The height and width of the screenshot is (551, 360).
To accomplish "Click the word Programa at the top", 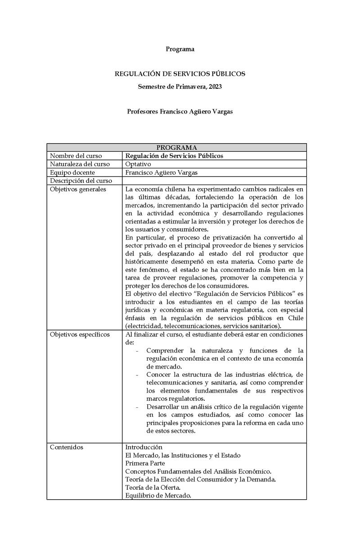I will [x=180, y=50].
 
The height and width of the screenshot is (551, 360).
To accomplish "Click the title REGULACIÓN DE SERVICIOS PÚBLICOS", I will [x=180, y=73].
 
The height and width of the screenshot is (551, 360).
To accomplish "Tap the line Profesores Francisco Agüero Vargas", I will [x=180, y=112].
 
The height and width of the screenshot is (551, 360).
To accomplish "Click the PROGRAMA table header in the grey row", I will [x=176, y=148].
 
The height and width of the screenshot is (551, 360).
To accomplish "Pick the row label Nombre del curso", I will [x=76, y=156].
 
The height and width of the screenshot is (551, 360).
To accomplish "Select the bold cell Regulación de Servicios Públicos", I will [x=174, y=156].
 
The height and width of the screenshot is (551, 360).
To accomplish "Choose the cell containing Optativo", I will [x=138, y=164].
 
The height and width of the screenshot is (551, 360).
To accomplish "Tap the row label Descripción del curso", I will [x=80, y=181].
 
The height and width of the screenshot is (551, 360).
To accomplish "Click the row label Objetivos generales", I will [x=78, y=189].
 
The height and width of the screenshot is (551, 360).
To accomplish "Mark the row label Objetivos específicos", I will [x=80, y=334].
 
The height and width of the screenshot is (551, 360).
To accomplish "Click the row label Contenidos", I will [x=67, y=447].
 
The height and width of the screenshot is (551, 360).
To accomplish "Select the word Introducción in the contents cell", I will [x=144, y=447].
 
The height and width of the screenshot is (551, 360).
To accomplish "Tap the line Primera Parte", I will [x=145, y=463].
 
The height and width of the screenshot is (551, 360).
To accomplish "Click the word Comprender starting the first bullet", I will [x=165, y=351].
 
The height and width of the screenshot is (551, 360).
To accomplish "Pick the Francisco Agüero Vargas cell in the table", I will [x=162, y=172].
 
